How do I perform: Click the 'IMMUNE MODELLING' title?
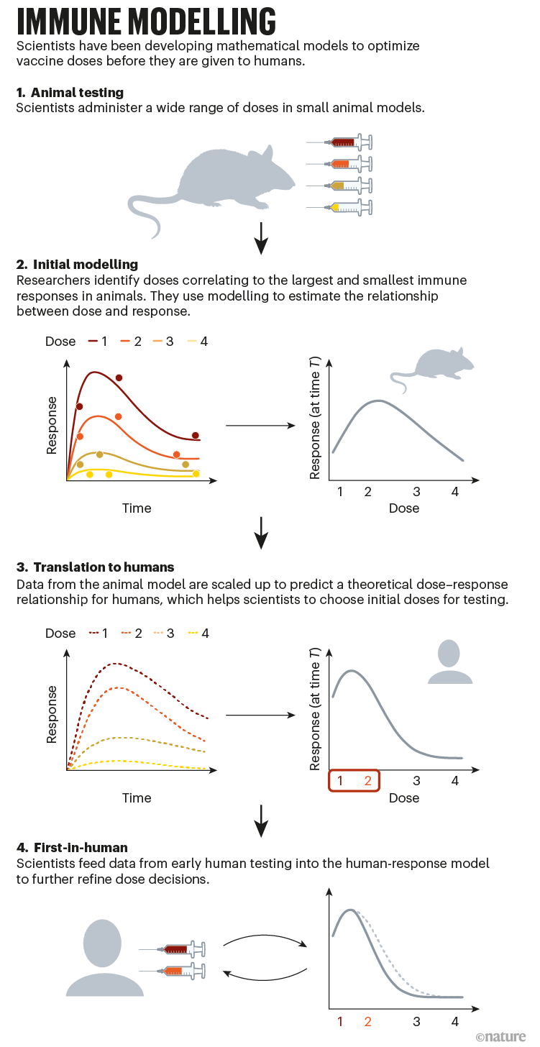146,22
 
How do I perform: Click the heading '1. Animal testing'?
70,93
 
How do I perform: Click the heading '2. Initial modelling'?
77,265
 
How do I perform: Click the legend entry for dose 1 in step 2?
98,341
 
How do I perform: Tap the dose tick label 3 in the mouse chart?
416,492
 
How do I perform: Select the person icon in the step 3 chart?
449,662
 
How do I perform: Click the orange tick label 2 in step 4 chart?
368,1021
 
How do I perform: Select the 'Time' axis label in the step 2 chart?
137,508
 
